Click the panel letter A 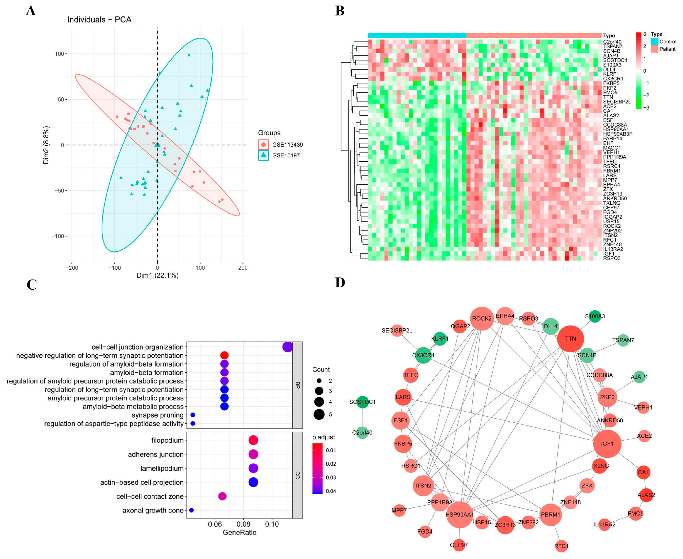31,11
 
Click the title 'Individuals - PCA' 99,20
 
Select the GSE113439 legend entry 287,145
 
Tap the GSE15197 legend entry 286,155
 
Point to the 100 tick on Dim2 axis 60,54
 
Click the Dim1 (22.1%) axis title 157,275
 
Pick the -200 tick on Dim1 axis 72,268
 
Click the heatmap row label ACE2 610,106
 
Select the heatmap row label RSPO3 611,258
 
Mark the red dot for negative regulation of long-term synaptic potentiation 224,355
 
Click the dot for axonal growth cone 191,510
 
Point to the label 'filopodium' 167,440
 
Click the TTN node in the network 571,339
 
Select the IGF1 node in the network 607,444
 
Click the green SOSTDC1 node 363,402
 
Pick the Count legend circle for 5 319,414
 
